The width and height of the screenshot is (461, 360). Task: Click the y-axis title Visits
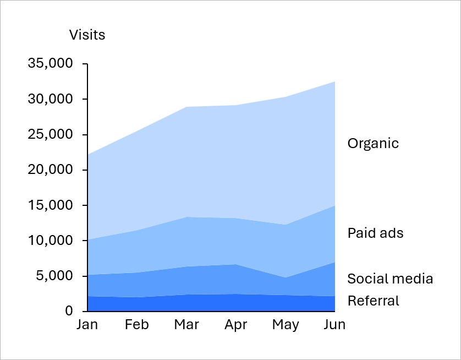pos(87,35)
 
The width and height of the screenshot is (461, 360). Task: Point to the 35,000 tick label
pos(50,64)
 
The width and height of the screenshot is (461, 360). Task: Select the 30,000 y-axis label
pos(50,99)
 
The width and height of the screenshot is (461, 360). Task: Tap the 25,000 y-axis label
pos(50,134)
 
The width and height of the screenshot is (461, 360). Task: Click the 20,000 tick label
pos(50,170)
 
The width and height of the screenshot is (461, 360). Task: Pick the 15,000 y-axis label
pos(50,205)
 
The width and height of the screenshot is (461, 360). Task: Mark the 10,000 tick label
pos(50,241)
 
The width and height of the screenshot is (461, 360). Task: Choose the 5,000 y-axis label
pos(53,276)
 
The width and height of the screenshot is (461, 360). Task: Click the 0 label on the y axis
pos(69,311)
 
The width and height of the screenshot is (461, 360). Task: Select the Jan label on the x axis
pos(87,325)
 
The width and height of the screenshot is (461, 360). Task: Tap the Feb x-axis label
pos(136,325)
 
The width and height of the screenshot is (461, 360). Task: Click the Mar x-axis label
pos(186,325)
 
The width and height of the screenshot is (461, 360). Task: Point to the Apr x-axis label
pos(236,325)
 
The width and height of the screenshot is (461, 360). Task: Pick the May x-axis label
pos(286,325)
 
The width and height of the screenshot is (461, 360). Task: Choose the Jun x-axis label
pos(334,325)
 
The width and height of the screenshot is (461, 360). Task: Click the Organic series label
pos(373,144)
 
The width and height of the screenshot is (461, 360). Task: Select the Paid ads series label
pos(375,233)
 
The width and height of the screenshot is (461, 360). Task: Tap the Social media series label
pos(390,279)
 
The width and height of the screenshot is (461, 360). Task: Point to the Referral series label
pos(373,301)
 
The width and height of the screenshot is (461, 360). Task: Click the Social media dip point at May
pos(286,277)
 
